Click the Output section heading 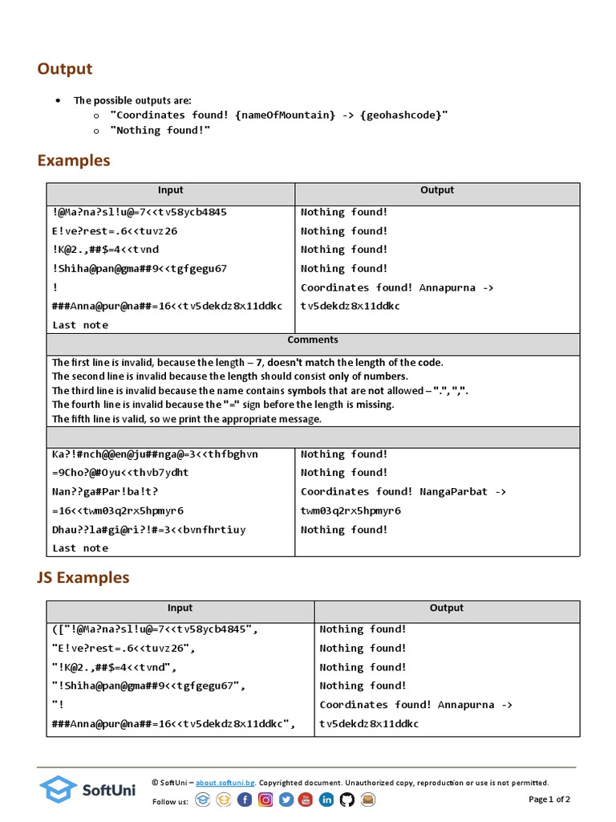coord(65,69)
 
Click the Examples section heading coord(74,161)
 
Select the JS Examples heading coord(83,578)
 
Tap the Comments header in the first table coord(313,340)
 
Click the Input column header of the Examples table coord(170,190)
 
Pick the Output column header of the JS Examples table coord(447,608)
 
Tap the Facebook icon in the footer coord(245,800)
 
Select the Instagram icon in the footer coord(265,800)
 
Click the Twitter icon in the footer coord(286,800)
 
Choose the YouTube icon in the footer coord(306,800)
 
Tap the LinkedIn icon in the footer coord(326,800)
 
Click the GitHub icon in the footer coord(346,800)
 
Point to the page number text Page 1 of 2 coord(549,800)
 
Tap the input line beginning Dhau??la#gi coord(149,530)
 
